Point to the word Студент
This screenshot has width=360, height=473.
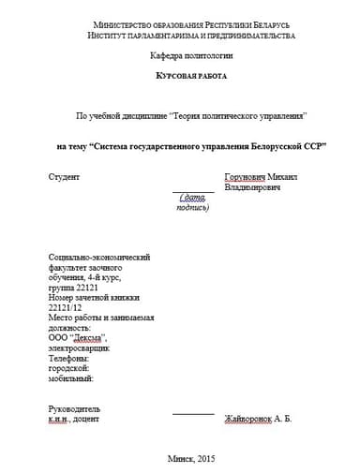tap(64, 176)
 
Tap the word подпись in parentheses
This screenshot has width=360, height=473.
tap(191, 207)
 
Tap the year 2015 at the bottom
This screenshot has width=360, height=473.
tap(206, 458)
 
